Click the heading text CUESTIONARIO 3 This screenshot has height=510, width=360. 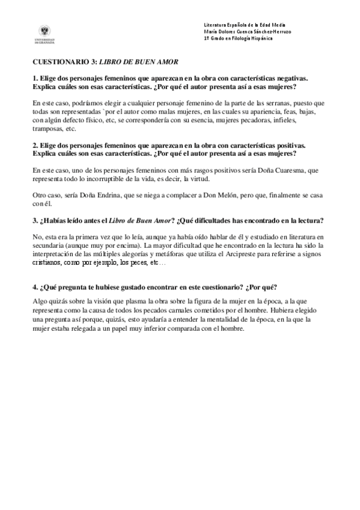click(x=64, y=62)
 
